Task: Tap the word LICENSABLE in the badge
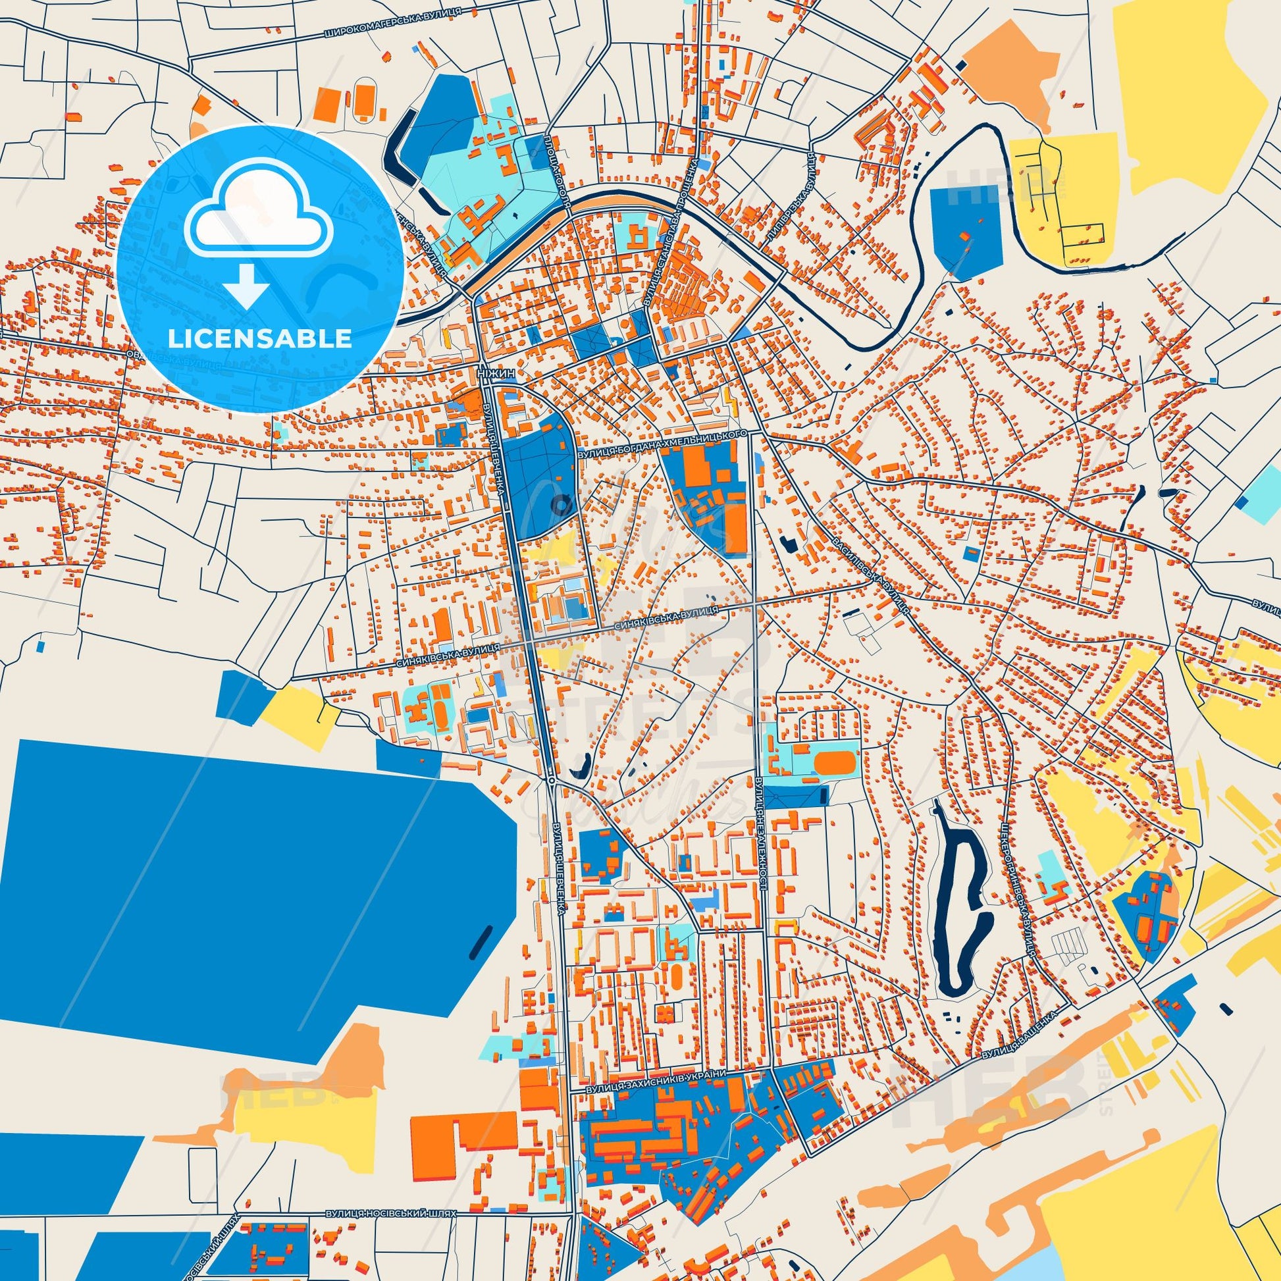259,338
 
